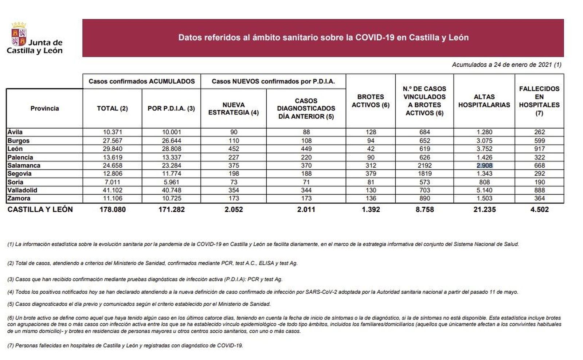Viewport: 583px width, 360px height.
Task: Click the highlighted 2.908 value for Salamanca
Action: (484, 165)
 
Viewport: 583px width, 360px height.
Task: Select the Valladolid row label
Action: (22, 190)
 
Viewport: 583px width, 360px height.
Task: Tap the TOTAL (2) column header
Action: (112, 108)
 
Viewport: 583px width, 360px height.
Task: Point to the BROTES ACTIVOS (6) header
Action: (370, 101)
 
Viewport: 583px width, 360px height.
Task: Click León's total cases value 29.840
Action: (112, 149)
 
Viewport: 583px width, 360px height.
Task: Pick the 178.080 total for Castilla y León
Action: (112, 210)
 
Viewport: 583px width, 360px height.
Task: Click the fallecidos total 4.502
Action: (539, 210)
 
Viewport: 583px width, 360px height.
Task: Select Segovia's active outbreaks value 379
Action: (371, 173)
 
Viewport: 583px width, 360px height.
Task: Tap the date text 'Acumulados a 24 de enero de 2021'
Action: (506, 65)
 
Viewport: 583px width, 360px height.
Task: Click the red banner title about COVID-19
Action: (323, 38)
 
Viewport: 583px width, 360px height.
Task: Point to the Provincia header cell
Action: (44, 108)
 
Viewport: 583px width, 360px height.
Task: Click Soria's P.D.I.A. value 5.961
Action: (171, 182)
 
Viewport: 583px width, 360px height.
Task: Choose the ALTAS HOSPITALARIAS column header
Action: (484, 101)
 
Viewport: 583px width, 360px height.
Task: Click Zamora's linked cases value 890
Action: (424, 198)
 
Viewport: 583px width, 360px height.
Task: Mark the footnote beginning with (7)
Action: (125, 345)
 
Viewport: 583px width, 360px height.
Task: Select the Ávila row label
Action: (15, 132)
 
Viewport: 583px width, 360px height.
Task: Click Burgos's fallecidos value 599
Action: (539, 141)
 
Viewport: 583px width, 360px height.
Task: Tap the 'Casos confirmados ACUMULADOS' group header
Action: (141, 81)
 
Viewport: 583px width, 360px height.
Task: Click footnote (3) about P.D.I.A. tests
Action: (145, 279)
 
